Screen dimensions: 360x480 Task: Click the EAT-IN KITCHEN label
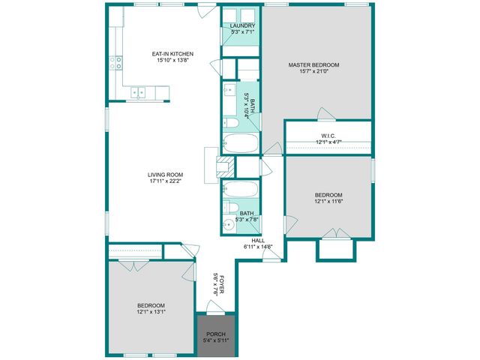172,54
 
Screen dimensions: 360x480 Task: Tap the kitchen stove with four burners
117,64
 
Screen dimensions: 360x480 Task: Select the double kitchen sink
140,92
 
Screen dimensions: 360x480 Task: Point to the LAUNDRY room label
237,25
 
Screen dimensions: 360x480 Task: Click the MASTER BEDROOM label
313,65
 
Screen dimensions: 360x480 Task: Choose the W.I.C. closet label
328,135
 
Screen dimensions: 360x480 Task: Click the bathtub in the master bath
240,143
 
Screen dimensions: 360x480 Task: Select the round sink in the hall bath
229,223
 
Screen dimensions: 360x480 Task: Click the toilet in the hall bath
231,207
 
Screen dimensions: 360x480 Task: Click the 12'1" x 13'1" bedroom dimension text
151,312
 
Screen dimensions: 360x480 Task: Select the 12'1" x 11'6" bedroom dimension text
328,201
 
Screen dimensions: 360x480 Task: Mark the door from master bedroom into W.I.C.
326,115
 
